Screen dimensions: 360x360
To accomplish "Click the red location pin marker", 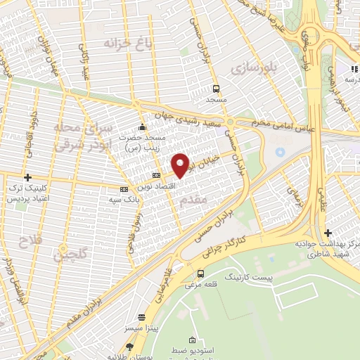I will [x=181, y=165].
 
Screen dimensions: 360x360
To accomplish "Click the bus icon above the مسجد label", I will [x=216, y=89].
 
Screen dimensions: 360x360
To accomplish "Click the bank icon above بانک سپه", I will [x=124, y=189].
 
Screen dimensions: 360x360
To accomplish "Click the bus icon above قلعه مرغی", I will [x=201, y=274].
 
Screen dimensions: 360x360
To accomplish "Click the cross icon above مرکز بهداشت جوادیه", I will [x=328, y=233].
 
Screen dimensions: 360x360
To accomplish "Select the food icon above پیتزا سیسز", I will [x=142, y=317].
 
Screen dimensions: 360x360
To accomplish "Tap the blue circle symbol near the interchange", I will [x=281, y=152].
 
